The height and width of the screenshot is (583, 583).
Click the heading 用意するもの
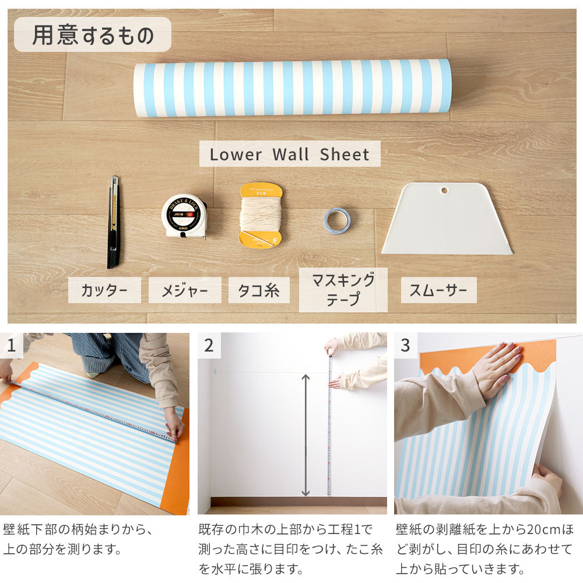pos(93,35)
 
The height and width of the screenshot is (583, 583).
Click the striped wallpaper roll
pos(292,87)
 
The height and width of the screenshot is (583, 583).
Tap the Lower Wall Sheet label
pos(290,154)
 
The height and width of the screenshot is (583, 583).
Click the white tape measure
pos(184,216)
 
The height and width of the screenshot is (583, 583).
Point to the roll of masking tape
pos(337,220)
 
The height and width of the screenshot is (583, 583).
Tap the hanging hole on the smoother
pos(445,190)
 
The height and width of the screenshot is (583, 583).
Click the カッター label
pos(104,290)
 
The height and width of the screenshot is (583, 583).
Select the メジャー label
pos(185,290)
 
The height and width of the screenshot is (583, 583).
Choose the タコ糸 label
pos(259,290)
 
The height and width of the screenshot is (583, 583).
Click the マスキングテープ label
pos(343,290)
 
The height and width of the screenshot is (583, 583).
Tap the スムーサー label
pos(438,290)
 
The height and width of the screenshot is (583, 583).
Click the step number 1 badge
pos(11,346)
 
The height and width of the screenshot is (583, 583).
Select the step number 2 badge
pos(209,346)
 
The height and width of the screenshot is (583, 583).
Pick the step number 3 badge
pos(405,346)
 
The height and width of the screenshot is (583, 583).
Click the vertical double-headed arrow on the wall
pos(305,434)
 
